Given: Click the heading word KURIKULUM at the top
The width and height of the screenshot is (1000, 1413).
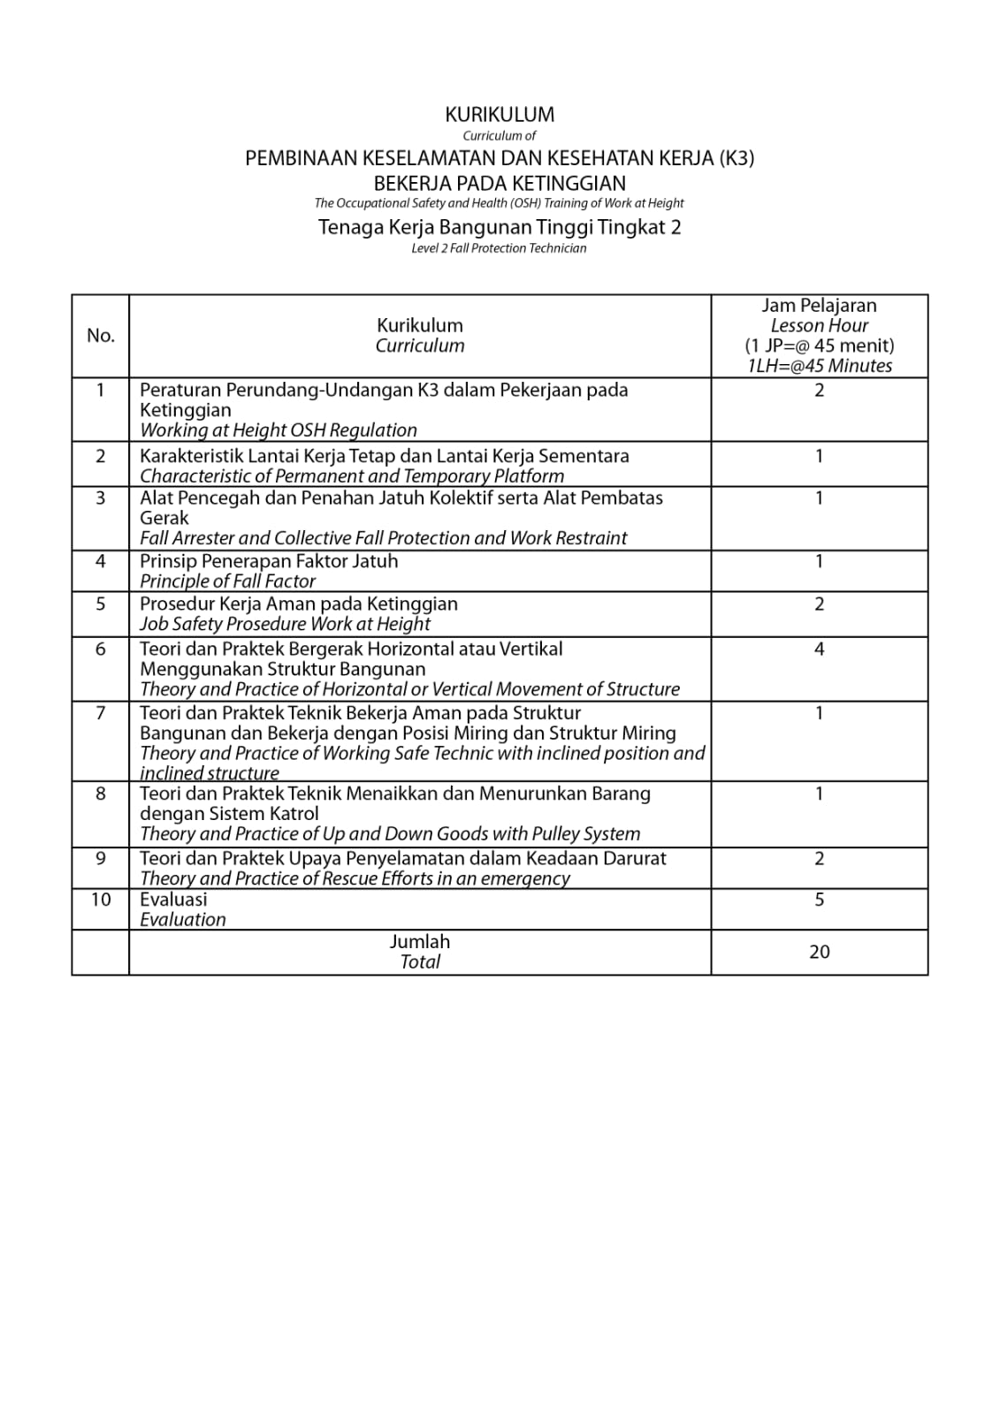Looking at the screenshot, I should point(500,114).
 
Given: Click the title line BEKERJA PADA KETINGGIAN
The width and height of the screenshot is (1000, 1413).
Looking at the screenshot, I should point(500,183).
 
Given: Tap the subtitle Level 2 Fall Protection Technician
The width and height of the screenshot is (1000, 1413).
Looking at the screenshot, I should point(499,248).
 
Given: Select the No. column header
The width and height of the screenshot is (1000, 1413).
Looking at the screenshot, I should point(101,335).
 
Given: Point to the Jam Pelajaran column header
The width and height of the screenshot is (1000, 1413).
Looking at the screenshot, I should point(819,306).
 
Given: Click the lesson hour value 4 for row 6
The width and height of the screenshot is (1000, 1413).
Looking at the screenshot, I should point(819,649).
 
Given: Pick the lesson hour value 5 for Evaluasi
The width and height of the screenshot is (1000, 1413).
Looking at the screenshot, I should point(819,899).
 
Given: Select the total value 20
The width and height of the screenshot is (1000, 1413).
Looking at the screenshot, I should point(819,952).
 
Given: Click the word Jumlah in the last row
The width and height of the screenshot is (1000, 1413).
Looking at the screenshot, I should point(420,941).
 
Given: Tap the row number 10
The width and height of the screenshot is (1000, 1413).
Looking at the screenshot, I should point(101,899).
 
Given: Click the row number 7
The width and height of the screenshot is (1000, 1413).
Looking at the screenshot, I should point(101,712).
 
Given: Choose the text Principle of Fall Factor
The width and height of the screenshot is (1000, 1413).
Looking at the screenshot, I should point(227,581).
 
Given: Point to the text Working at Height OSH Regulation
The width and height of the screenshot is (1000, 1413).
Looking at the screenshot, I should point(279,430).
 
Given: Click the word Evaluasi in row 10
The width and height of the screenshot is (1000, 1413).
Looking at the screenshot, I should point(173,899).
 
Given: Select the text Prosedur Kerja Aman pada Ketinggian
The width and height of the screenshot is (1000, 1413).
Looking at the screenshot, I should point(299,604).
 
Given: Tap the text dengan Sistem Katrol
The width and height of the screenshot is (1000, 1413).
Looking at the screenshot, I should point(229,813).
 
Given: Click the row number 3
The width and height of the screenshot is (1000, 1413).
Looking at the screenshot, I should point(101,498).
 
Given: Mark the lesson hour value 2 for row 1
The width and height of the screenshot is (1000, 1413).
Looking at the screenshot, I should point(819,390).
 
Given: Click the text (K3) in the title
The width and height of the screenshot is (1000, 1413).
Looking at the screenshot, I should point(737,158).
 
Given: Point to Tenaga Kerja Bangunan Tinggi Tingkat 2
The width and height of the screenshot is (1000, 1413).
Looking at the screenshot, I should point(500,226).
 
